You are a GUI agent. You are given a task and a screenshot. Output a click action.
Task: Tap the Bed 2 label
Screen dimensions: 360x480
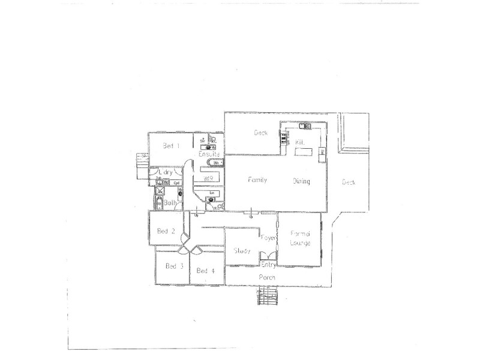[166, 231]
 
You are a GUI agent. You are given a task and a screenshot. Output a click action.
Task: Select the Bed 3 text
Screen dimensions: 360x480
[174, 266]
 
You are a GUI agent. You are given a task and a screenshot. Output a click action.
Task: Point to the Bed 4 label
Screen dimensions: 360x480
[205, 271]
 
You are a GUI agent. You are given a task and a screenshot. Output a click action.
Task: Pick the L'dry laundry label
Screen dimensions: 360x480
[166, 173]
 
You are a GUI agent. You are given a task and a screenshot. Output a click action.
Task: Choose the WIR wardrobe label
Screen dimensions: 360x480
[209, 178]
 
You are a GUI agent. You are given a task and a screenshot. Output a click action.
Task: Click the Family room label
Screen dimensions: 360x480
[257, 180]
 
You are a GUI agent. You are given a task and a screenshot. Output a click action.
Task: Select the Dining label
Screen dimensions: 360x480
[301, 181]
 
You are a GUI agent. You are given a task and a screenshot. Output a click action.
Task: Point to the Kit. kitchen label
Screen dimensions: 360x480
[301, 142]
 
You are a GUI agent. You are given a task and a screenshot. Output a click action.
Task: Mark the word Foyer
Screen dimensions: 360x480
[268, 238]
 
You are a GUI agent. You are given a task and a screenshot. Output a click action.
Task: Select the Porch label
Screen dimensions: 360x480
[266, 277]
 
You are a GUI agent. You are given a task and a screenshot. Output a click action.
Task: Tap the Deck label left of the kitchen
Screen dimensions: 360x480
[260, 133]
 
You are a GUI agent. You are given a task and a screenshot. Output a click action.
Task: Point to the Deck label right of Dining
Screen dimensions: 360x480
[349, 182]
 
